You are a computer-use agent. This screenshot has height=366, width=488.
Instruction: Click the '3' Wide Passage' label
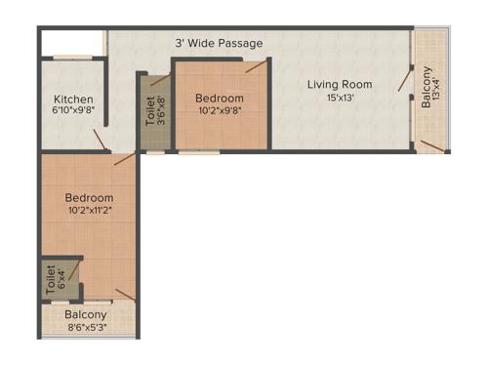pos(219,43)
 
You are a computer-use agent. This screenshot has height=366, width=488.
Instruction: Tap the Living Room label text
pos(339,85)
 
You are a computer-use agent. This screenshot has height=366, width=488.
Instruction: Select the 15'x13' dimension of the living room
pos(339,99)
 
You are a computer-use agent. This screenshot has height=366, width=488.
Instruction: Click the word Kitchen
pos(73,99)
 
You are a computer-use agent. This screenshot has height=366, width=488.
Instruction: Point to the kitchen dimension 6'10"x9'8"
pos(73,111)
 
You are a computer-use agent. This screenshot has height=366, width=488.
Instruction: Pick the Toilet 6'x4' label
pos(52,280)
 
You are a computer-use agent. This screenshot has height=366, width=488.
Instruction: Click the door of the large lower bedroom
pos(123,158)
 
